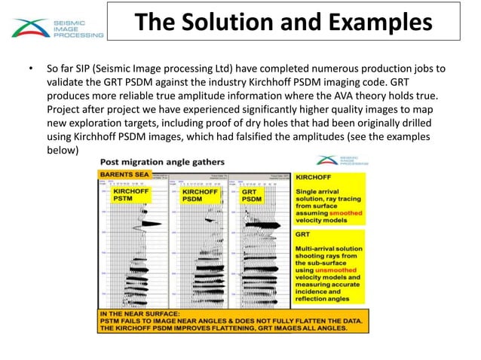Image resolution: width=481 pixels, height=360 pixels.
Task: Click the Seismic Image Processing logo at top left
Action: click(x=57, y=28)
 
